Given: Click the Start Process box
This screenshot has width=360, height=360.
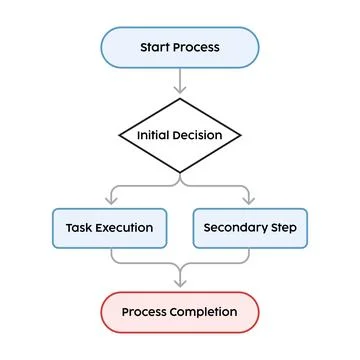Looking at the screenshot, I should tap(180, 47).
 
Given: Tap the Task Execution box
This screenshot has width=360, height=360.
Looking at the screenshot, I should tap(109, 228).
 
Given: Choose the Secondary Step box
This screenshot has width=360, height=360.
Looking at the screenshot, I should tap(250, 228).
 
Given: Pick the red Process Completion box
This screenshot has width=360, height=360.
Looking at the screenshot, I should tap(180, 312).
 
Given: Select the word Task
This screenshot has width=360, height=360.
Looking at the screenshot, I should tap(80, 228).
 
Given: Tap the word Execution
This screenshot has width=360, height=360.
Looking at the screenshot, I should tap(124, 228).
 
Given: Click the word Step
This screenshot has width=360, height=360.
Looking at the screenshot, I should tap(282, 228).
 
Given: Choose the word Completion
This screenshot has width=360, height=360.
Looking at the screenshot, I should tap(204, 312).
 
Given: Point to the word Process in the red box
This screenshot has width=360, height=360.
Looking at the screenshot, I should tap(145, 312).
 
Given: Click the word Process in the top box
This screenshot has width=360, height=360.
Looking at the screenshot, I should tap(196, 47).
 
